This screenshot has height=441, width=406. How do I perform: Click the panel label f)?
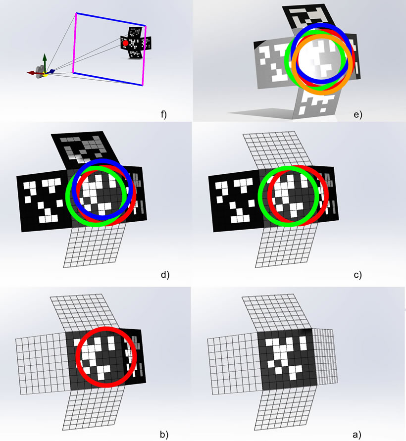coord(163,114)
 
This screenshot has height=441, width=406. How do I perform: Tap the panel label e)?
coord(358,114)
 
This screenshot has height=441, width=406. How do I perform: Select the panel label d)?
coord(165,275)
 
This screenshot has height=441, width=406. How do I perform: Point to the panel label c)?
coord(357,275)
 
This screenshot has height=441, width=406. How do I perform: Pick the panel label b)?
coord(164,435)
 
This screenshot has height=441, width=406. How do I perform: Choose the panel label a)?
coord(357,435)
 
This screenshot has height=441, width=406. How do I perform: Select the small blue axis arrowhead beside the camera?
coord(52,71)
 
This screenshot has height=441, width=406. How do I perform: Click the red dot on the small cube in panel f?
coord(125,44)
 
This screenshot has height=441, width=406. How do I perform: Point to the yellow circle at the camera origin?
coord(45,74)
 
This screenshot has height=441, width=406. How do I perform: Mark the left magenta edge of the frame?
coord(75,43)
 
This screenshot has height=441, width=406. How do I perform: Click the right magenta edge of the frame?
coord(144,55)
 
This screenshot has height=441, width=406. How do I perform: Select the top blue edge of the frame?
coord(111,19)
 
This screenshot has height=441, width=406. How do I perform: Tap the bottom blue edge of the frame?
coord(108,79)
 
